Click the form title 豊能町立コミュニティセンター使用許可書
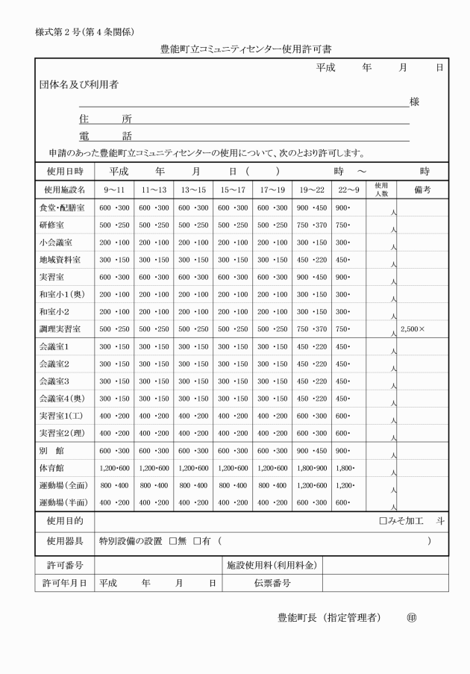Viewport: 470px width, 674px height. (x=245, y=49)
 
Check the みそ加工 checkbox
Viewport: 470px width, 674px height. (x=383, y=521)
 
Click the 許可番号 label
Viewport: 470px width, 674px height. (x=63, y=566)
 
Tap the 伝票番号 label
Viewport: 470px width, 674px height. (x=272, y=583)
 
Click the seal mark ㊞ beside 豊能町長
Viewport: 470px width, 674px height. (x=412, y=617)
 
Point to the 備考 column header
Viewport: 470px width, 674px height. (x=422, y=189)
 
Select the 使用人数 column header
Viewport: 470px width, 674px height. (x=381, y=189)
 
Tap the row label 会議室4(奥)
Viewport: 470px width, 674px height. (x=63, y=398)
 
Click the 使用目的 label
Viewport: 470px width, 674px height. (x=63, y=521)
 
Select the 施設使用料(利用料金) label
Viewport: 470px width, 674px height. (x=272, y=566)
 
